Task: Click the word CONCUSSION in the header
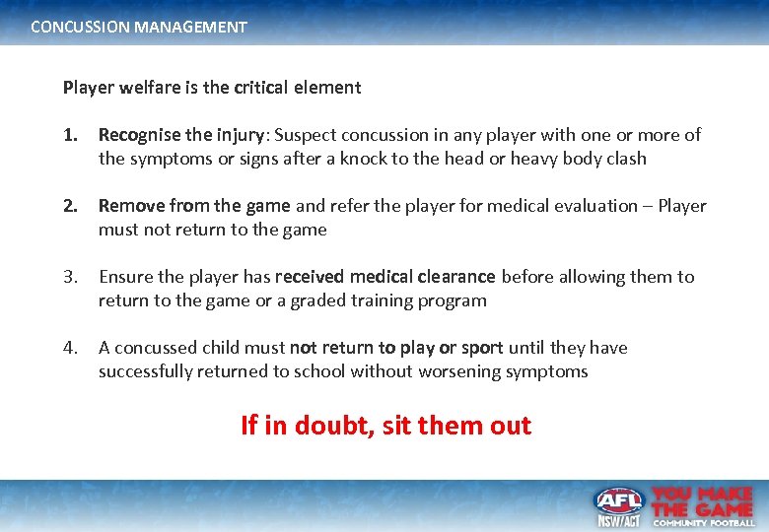pos(76,28)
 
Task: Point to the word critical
pos(265,88)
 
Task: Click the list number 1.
pos(69,135)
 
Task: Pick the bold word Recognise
pos(139,135)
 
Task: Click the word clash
pos(625,159)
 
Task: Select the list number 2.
pos(69,206)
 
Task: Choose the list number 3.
pos(69,277)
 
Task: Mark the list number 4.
pos(69,348)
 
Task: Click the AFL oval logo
pos(618,500)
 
